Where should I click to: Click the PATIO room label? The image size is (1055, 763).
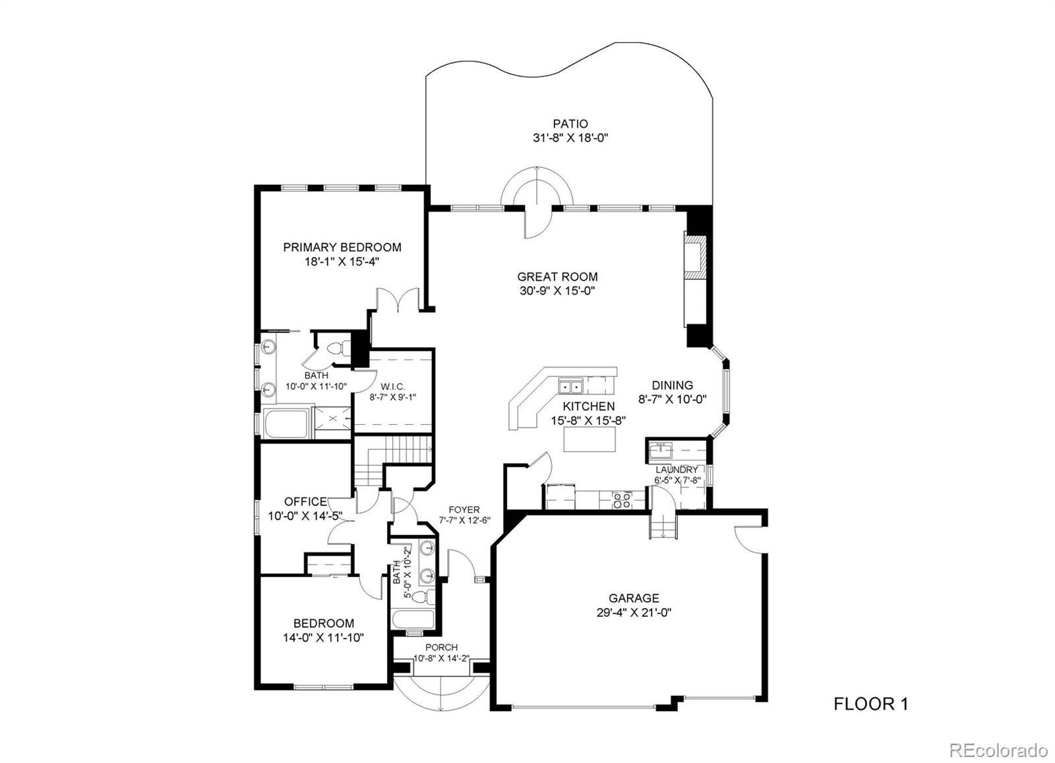pos(570,124)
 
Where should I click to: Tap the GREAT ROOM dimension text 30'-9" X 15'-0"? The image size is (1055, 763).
pos(558,291)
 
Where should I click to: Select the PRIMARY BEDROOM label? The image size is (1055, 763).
pos(342,247)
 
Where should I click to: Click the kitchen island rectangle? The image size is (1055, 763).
pos(589,439)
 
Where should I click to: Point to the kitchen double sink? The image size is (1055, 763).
pos(571,387)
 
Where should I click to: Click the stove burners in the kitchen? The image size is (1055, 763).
pos(622,500)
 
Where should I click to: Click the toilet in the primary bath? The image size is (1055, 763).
pos(339,349)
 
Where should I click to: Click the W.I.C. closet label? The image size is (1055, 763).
pos(394,387)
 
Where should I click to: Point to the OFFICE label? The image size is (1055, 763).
pos(306,502)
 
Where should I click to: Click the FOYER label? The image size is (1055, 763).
pos(464,510)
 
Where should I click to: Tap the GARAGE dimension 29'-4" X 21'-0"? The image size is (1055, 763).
pos(634,613)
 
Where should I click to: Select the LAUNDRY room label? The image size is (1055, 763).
pos(677,470)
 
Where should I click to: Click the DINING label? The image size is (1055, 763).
pos(673,385)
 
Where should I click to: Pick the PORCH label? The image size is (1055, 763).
pos(442,648)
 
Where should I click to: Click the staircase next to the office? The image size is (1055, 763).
pos(393,459)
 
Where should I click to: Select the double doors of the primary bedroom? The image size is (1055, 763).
pos(398,300)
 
